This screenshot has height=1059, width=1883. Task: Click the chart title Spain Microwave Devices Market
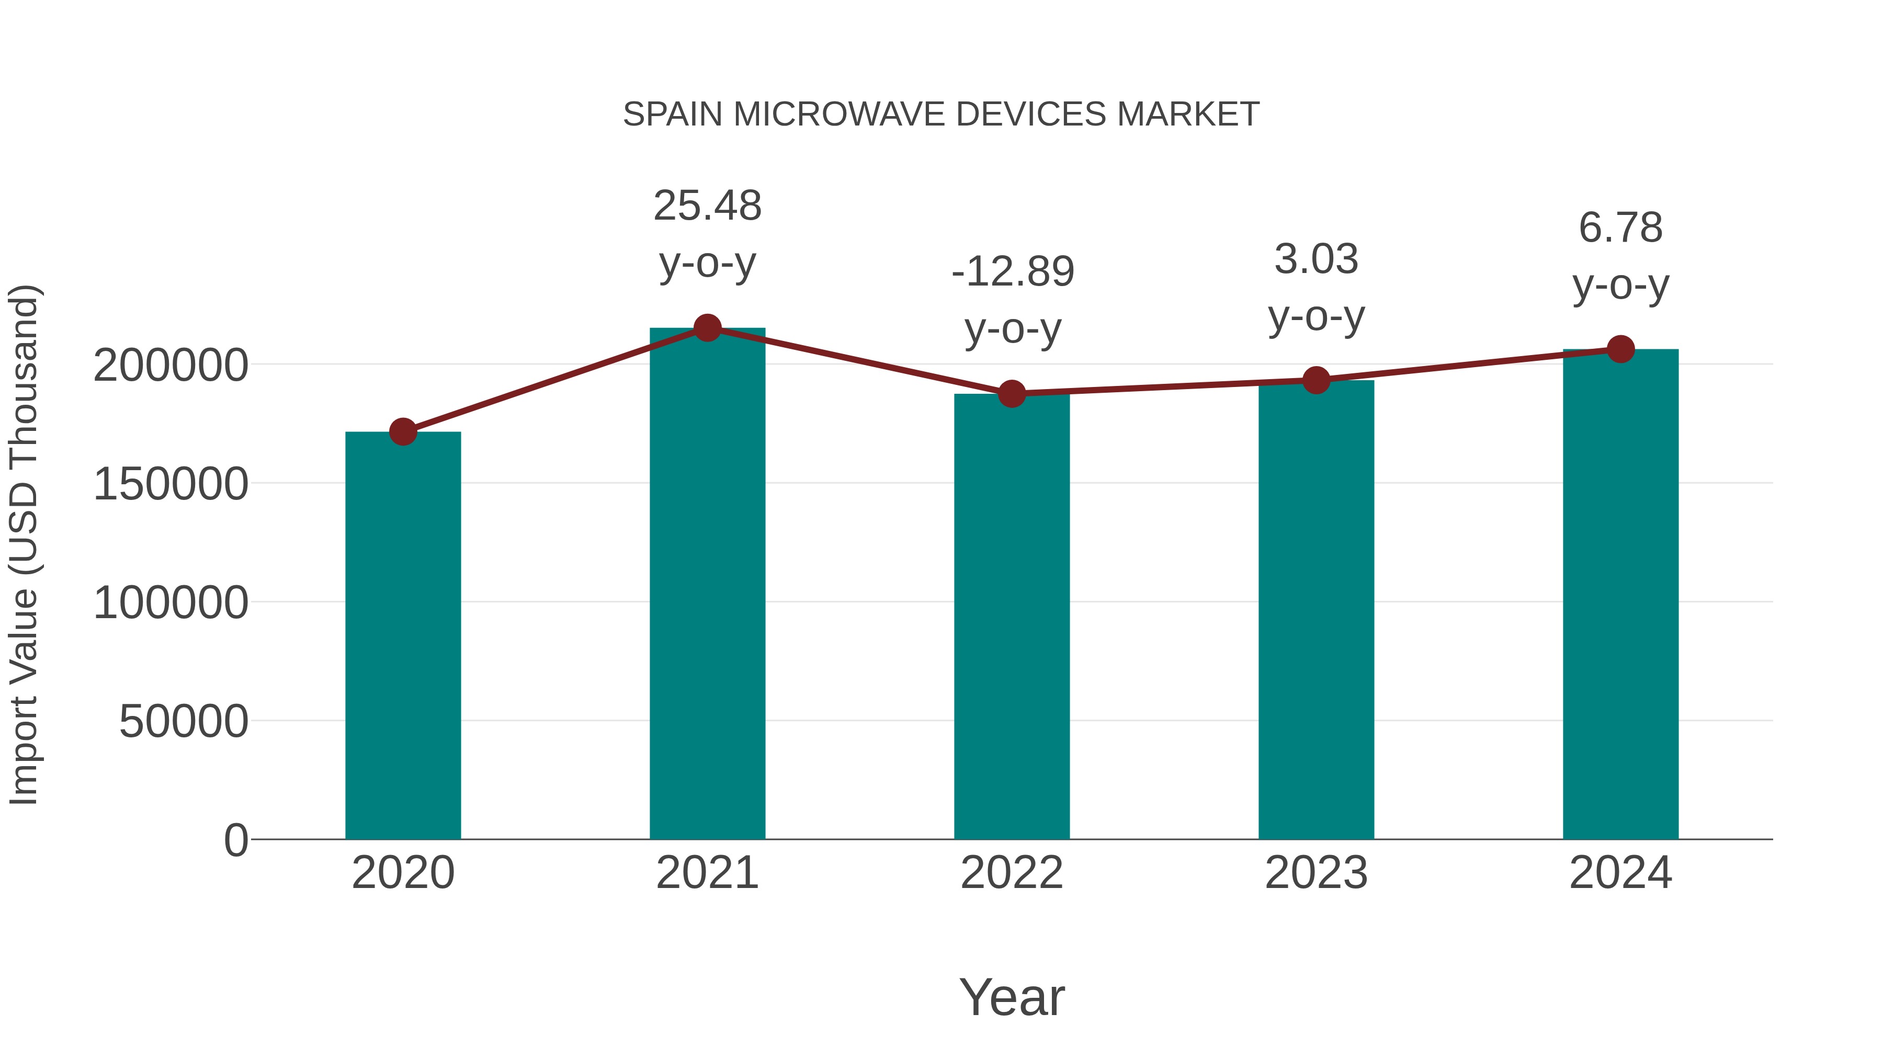point(941,115)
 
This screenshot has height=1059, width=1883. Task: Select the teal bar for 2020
point(403,636)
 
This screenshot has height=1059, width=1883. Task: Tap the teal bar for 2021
point(707,585)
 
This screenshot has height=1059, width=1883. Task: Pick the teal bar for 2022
point(1012,618)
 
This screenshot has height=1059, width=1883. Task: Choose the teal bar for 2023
point(1316,610)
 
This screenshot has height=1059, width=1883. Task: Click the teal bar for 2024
point(1620,596)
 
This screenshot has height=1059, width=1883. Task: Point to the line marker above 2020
point(403,432)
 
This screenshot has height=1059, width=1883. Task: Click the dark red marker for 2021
point(707,328)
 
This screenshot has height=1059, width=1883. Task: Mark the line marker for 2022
point(1012,394)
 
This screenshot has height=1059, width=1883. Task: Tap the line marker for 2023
point(1316,380)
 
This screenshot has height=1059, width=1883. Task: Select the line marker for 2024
point(1620,349)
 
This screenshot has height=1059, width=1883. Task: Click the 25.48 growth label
point(707,206)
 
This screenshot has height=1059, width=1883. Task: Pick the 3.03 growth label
point(1316,259)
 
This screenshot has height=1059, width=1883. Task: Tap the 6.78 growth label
point(1620,228)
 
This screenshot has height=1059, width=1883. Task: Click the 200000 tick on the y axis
point(171,366)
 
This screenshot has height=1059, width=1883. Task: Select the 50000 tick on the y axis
point(184,722)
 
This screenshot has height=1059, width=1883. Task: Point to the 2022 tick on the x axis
point(1012,873)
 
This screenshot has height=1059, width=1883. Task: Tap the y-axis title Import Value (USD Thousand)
point(24,544)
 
